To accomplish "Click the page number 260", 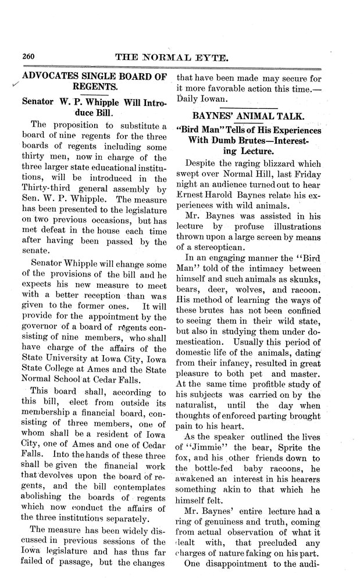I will point(30,57).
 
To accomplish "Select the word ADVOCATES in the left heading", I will point(49,76).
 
